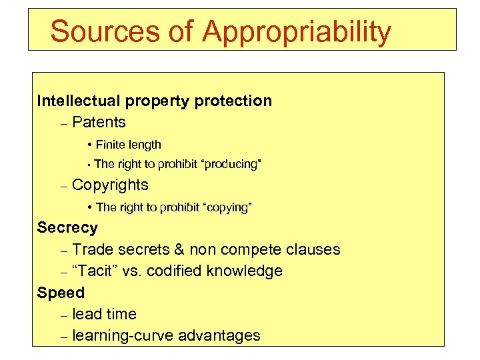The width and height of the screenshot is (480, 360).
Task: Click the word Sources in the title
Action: coord(97,31)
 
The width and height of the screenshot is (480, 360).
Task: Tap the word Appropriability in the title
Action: coord(297,32)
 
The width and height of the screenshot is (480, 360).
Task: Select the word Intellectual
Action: coord(78,101)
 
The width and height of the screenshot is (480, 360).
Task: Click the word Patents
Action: coord(99,123)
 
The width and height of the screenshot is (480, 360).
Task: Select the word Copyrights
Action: coord(110,185)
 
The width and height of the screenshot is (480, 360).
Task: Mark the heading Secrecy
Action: coord(67,228)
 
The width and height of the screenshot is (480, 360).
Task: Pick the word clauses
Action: coord(313,250)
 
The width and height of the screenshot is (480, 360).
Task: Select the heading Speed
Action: coord(61,293)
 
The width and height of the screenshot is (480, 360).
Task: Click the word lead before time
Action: coord(87,315)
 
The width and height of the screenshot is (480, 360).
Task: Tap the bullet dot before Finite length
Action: coord(89,145)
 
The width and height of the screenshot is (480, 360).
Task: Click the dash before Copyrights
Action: coord(63,186)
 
